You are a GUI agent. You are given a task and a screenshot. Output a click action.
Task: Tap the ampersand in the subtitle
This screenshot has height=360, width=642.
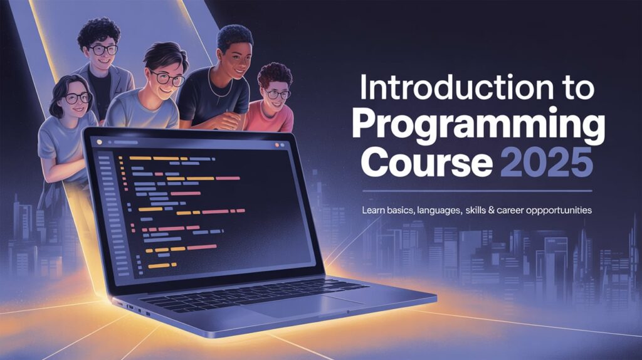(483, 211)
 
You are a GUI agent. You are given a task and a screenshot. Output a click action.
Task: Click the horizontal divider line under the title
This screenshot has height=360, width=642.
(476, 191)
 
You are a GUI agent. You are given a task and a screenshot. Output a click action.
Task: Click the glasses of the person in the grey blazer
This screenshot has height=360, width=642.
(103, 49)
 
